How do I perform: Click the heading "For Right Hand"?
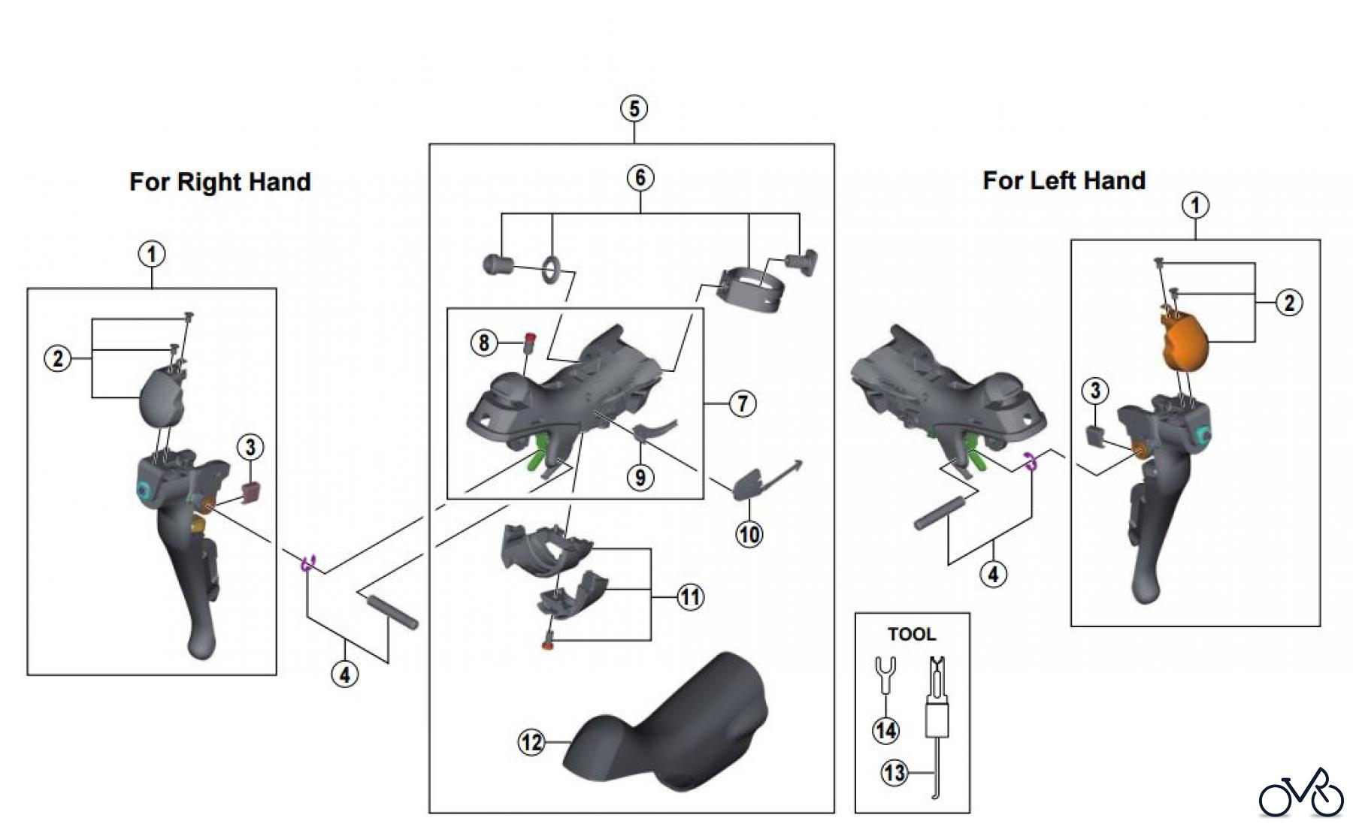point(219,183)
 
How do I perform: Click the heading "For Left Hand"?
point(1064,181)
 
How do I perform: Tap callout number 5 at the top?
point(634,109)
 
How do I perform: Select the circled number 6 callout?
point(640,178)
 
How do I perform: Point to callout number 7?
point(743,403)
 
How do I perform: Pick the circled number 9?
point(640,478)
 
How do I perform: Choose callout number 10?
point(749,535)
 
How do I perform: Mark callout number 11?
point(690,597)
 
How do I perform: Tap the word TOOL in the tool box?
point(912,635)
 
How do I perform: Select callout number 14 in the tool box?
point(886,730)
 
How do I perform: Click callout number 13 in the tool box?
point(894,772)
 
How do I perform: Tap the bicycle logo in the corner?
point(1301,793)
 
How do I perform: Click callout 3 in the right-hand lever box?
point(250,448)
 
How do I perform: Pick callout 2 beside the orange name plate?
point(1290,303)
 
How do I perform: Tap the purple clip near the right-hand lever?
point(308,563)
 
